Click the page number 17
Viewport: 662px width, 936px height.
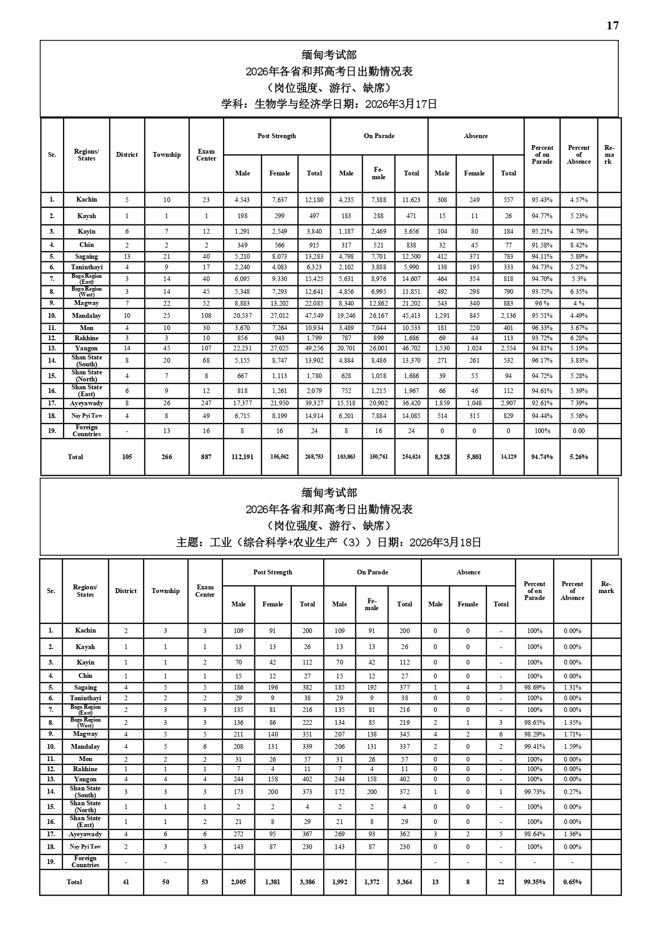pyautogui.click(x=612, y=26)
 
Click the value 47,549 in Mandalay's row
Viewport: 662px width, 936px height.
pyautogui.click(x=314, y=316)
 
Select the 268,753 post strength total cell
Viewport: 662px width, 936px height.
pyautogui.click(x=314, y=457)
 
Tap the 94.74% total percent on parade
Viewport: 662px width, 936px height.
pyautogui.click(x=542, y=457)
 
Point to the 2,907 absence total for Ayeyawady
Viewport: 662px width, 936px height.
pyautogui.click(x=508, y=404)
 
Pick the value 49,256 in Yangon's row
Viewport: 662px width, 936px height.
pyautogui.click(x=314, y=348)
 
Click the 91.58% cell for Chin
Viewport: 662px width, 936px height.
pyautogui.click(x=542, y=245)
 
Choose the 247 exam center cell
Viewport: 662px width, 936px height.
pyautogui.click(x=206, y=404)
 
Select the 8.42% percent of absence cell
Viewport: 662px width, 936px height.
pyautogui.click(x=579, y=245)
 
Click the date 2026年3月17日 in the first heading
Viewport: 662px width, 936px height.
pyautogui.click(x=401, y=104)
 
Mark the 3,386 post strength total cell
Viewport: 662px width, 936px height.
pyautogui.click(x=307, y=882)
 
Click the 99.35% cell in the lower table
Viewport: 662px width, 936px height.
pyautogui.click(x=535, y=882)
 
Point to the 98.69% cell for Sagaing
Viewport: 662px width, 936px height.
pyautogui.click(x=535, y=687)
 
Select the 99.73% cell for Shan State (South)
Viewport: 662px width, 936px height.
pyautogui.click(x=535, y=792)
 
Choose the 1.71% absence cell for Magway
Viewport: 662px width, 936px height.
pyautogui.click(x=572, y=734)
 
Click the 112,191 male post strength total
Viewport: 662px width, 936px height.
pyautogui.click(x=242, y=457)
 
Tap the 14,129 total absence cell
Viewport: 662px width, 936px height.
pyautogui.click(x=508, y=457)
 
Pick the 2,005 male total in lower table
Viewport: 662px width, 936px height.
pyautogui.click(x=238, y=882)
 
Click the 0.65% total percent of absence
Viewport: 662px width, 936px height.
pyautogui.click(x=572, y=882)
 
